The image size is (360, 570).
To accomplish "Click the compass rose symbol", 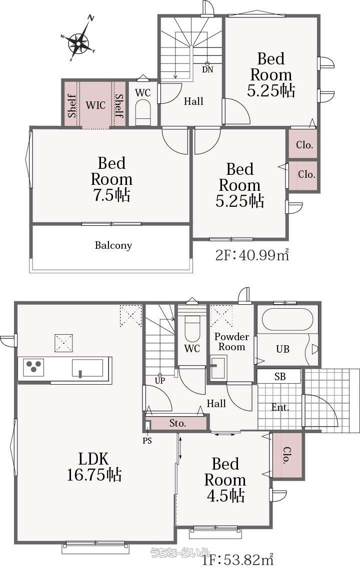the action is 78,43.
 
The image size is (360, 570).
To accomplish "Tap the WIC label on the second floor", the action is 95,105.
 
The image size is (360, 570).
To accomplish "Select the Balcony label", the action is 113,245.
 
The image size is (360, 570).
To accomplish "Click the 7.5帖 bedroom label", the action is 111,179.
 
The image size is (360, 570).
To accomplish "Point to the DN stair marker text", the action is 207,69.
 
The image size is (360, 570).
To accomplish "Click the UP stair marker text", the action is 160,381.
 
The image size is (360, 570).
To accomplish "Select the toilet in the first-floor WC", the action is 192,327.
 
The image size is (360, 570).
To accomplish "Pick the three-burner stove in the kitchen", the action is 33,367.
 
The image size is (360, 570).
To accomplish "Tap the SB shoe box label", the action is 280,377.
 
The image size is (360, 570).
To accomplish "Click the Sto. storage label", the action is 177,423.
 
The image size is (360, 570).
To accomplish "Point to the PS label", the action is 147,441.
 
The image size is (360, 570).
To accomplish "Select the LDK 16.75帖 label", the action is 94,467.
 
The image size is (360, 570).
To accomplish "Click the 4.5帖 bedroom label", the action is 225,480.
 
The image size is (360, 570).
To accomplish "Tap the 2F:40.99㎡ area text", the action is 252,255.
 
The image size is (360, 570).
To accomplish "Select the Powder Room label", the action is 231,342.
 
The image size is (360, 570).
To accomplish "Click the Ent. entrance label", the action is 280,407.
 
